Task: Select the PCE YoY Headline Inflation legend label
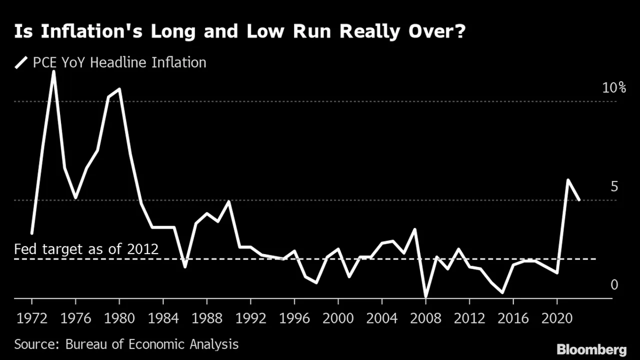coord(119,62)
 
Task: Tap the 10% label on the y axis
coord(614,88)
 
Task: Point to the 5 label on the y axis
coord(614,186)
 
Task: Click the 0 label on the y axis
coord(614,284)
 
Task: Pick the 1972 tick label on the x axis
coord(31,318)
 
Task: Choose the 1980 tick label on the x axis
coord(119,318)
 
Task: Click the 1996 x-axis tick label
coord(294,318)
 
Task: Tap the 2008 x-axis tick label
coord(425,318)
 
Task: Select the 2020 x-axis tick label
coord(557,318)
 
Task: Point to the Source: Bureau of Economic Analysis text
coord(126,344)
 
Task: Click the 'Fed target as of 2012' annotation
coord(86,248)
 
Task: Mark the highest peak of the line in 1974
coord(53,71)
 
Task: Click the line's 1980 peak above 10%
coord(119,89)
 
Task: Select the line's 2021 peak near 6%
coord(568,180)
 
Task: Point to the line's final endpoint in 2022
coord(579,200)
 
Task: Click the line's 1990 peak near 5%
coord(228,201)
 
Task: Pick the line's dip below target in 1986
coord(185,266)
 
